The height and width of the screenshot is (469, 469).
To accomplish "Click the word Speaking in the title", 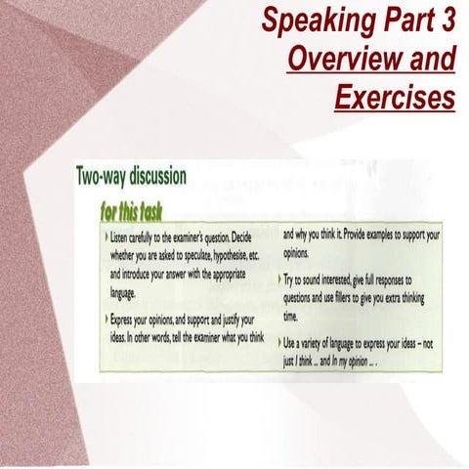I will click(312, 20).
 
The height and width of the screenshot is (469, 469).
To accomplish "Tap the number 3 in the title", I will click(447, 20).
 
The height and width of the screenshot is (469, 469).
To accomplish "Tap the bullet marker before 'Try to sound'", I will click(284, 280).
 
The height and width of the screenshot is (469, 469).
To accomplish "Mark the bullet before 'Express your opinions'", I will click(105, 320).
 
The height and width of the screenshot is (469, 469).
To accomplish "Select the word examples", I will click(370, 235).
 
